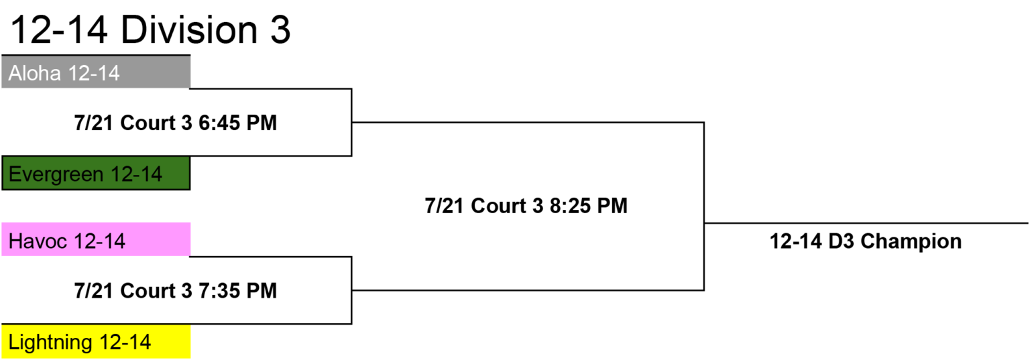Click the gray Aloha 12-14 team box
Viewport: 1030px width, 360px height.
click(x=96, y=72)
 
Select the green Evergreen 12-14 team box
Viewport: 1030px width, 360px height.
click(x=96, y=173)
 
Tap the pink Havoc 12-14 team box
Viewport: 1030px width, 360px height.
click(x=96, y=239)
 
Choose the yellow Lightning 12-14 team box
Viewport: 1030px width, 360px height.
click(x=96, y=341)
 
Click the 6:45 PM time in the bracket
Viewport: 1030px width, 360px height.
click(x=237, y=123)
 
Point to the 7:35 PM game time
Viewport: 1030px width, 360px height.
click(x=237, y=290)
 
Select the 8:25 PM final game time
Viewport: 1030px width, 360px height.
click(x=588, y=206)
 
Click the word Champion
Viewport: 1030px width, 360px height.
click(x=911, y=241)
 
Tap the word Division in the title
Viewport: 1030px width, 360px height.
click(x=188, y=30)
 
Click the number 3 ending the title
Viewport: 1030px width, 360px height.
click(x=280, y=30)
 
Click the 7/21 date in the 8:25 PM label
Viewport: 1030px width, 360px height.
click(x=444, y=206)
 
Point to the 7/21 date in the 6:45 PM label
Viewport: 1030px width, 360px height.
click(x=93, y=123)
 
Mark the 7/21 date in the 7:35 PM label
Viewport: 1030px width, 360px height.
click(x=93, y=290)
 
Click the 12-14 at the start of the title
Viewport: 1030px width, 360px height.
click(x=59, y=30)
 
